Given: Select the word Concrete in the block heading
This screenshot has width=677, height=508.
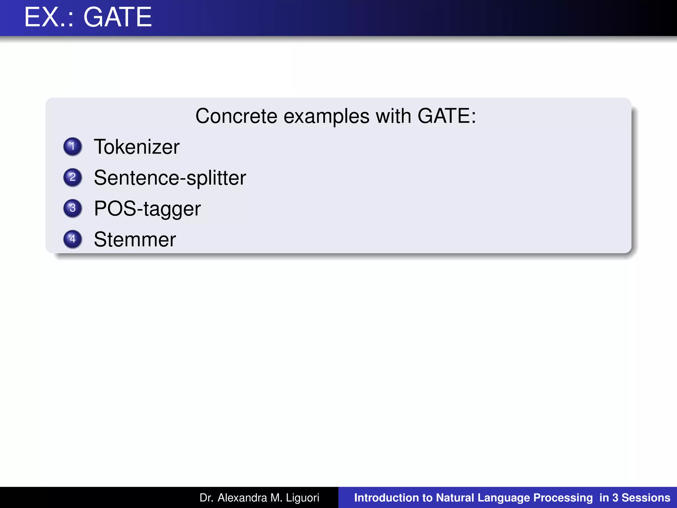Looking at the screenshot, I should click(x=236, y=116).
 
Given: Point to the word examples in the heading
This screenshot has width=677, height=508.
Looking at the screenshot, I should click(x=326, y=116).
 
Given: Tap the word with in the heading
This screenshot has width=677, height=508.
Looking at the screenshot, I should click(x=393, y=116).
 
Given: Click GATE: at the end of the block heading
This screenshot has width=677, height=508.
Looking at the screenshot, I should click(x=447, y=116).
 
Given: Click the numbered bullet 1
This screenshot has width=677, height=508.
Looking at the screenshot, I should click(x=73, y=147).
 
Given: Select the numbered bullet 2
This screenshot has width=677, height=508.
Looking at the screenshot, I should click(x=73, y=177).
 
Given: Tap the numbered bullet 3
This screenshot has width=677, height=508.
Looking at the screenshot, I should click(x=73, y=208).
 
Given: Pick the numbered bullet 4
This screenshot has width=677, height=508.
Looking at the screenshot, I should click(x=73, y=239).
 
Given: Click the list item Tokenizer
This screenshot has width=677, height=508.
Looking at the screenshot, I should click(x=137, y=147).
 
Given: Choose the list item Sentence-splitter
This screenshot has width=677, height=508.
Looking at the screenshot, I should click(x=170, y=178).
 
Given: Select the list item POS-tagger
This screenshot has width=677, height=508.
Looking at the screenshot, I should click(x=147, y=209).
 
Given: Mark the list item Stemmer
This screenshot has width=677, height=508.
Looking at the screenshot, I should click(x=135, y=239).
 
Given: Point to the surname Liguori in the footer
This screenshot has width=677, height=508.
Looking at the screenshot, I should click(x=302, y=498).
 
